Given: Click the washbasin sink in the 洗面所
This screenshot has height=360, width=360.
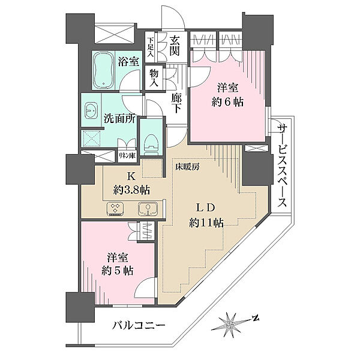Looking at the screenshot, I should click(x=92, y=110).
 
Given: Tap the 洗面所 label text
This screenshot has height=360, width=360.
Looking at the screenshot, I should click(x=119, y=119).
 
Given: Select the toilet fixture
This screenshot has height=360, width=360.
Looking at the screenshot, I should click(x=151, y=137).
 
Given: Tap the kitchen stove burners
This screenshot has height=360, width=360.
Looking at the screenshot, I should click(x=115, y=209).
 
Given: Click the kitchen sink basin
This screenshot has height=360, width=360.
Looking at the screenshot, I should click(x=146, y=209).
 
